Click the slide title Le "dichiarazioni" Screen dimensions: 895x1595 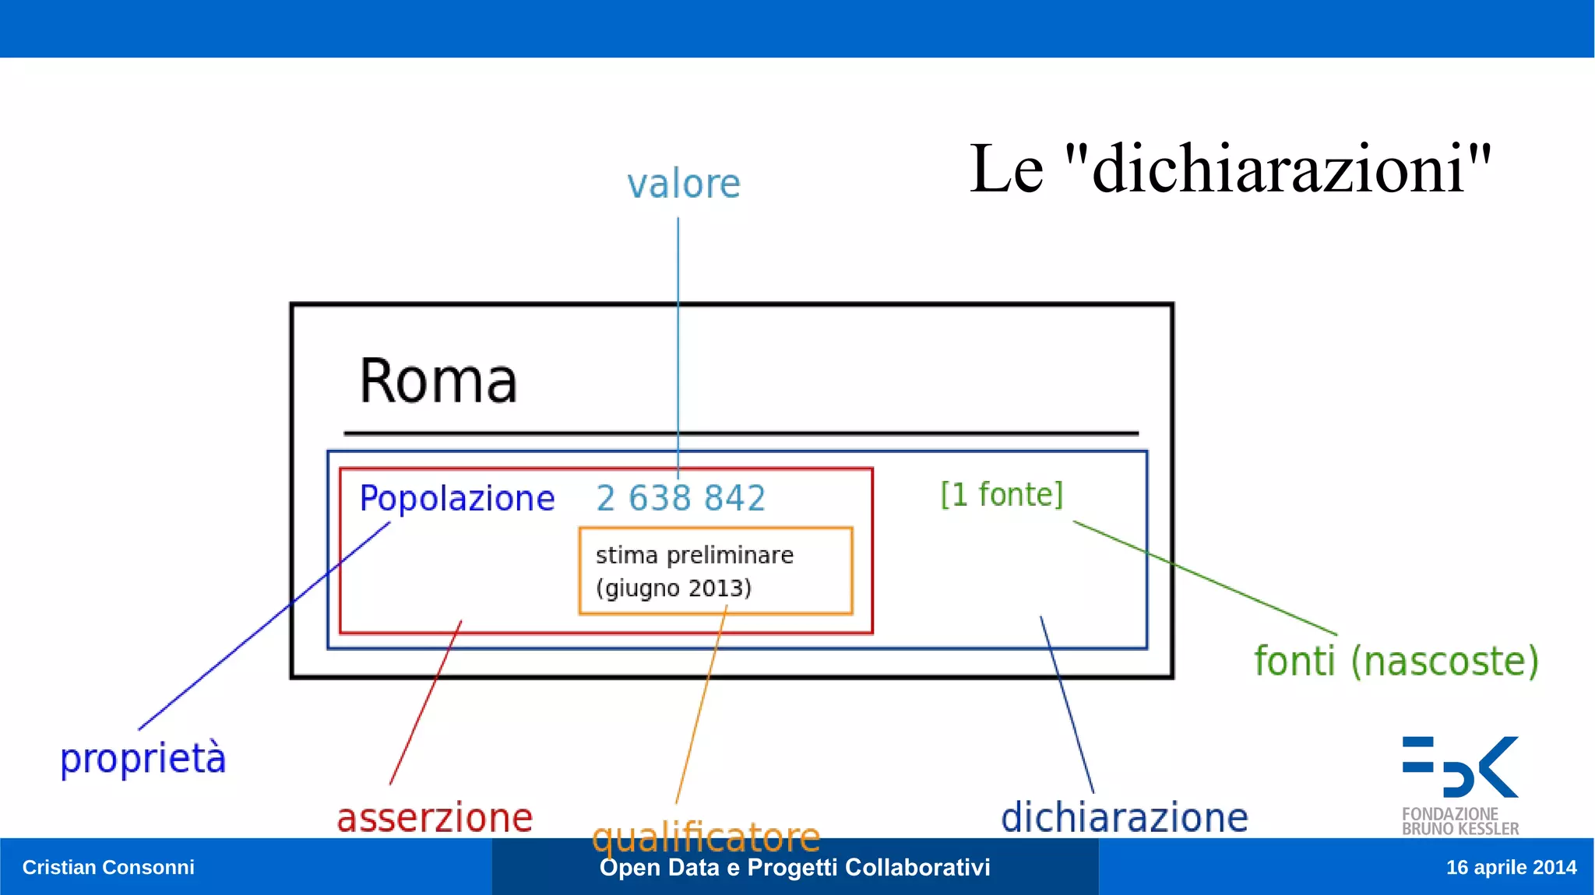(x=1230, y=169)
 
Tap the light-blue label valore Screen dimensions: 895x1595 (x=684, y=184)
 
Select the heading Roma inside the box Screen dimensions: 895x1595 (x=438, y=381)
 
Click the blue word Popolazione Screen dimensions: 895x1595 (x=457, y=499)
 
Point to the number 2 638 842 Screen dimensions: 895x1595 (x=681, y=499)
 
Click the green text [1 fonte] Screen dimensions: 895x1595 (x=1002, y=495)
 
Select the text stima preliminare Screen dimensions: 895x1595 (x=695, y=556)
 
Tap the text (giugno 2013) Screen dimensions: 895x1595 (x=674, y=588)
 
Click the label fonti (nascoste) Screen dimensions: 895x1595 (x=1396, y=662)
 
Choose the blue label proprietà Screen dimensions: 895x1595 (x=143, y=759)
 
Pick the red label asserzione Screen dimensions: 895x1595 (x=435, y=818)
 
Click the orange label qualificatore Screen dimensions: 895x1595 (x=706, y=837)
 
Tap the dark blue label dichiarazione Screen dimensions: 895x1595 (x=1124, y=818)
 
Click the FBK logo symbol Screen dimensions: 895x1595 (x=1460, y=767)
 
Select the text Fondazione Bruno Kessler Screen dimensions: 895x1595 (x=1459, y=822)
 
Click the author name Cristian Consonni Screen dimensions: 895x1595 (x=108, y=867)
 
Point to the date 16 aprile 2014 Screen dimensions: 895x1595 (x=1511, y=867)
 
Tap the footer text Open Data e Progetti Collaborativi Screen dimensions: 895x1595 (x=794, y=868)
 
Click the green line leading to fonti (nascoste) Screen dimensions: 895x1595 (x=1205, y=577)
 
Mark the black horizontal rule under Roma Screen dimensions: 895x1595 (x=741, y=433)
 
